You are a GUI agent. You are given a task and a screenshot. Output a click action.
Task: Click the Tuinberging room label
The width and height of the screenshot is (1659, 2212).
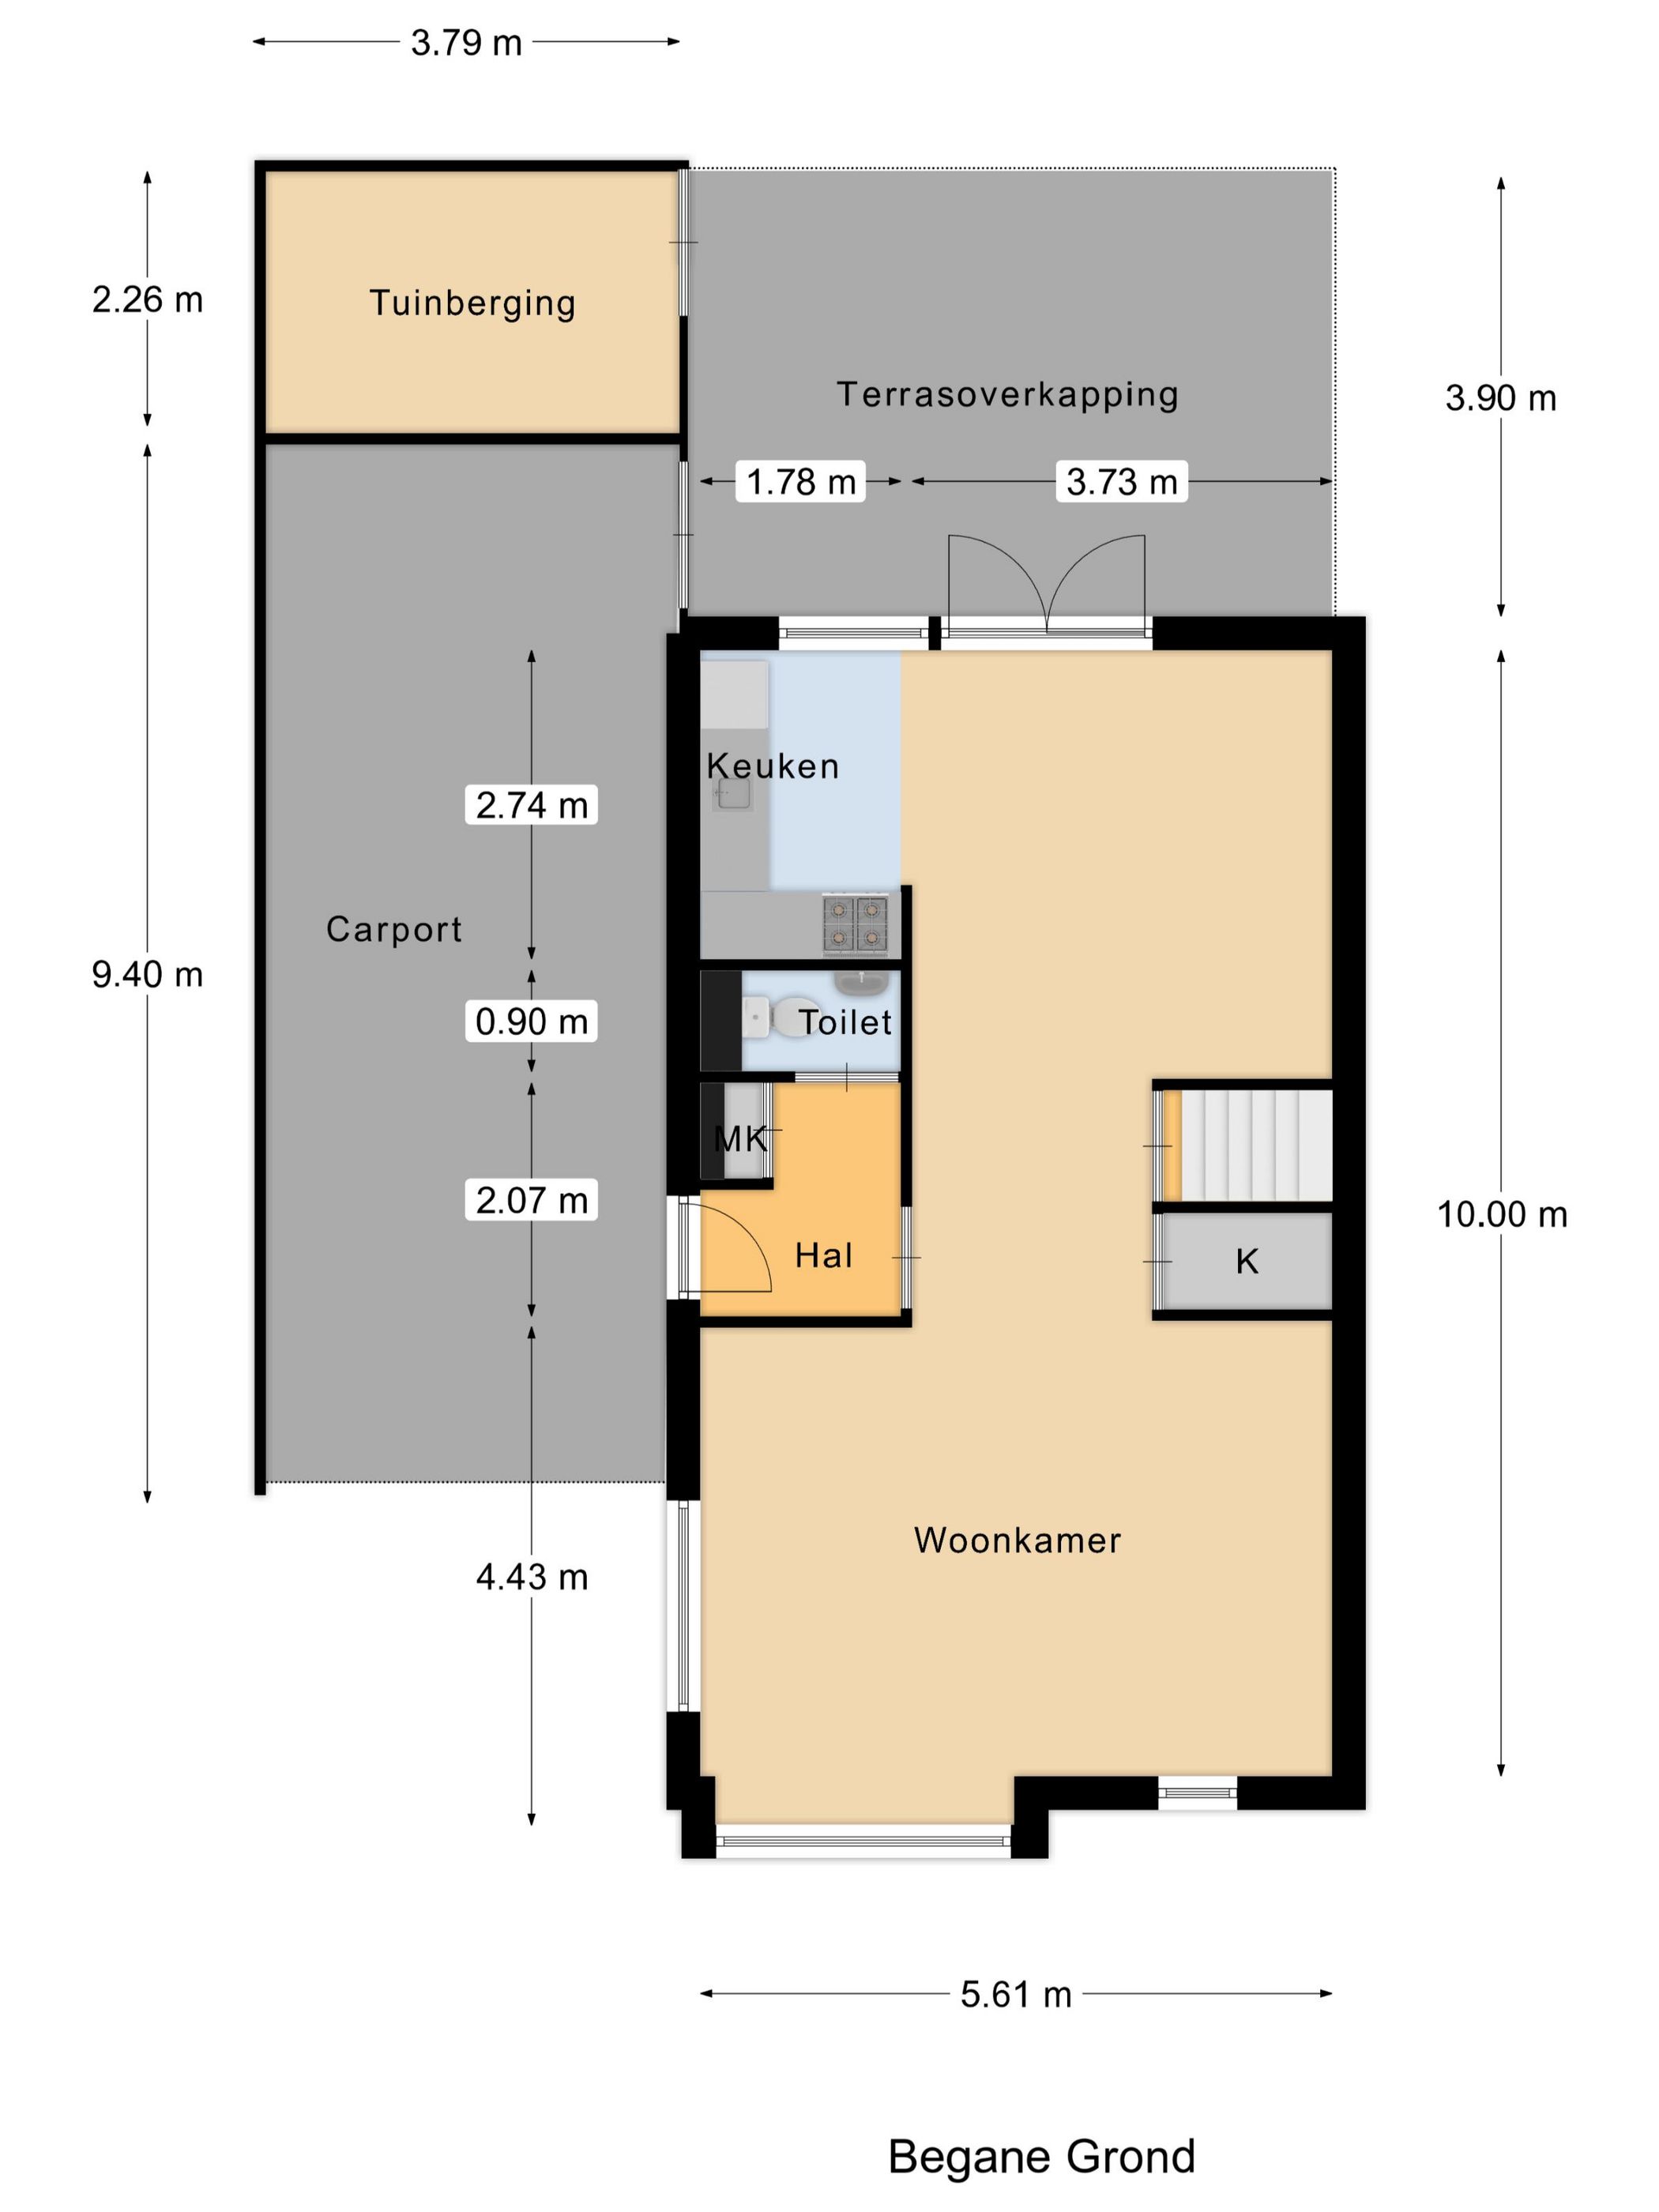tap(472, 303)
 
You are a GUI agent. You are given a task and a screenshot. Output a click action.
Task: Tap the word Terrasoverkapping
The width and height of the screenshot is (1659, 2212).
tap(1007, 395)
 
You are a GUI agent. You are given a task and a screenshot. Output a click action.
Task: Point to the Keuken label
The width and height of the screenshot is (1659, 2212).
tap(772, 766)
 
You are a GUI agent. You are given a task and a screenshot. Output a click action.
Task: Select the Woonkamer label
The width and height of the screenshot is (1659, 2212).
tap(1017, 1540)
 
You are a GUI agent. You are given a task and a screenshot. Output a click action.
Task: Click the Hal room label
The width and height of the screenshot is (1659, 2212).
tap(823, 1255)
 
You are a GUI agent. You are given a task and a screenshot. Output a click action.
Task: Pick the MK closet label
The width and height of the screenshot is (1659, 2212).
tap(740, 1138)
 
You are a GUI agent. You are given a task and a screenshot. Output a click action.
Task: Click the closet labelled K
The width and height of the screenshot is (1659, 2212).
tap(1246, 1261)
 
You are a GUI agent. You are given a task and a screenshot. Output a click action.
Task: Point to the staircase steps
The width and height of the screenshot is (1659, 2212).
tap(1257, 1145)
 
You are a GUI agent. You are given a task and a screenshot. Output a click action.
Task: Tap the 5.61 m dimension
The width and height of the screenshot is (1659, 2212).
tap(1016, 1994)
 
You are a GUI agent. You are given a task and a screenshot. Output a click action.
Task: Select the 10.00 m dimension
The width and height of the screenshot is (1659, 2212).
tap(1502, 1214)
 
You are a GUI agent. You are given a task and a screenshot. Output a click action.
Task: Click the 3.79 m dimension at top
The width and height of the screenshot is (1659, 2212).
tap(466, 43)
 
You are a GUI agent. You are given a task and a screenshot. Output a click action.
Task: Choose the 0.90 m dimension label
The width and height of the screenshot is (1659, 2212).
tap(531, 1021)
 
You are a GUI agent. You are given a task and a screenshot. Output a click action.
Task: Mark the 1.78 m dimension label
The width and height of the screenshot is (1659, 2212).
tap(801, 482)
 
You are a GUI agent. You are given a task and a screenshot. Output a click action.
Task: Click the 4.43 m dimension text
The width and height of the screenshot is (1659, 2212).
tap(531, 1577)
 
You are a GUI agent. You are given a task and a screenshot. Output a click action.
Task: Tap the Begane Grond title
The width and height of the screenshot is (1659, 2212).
tap(1041, 2156)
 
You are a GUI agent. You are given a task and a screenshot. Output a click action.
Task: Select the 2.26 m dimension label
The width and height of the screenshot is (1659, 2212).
tap(147, 300)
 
